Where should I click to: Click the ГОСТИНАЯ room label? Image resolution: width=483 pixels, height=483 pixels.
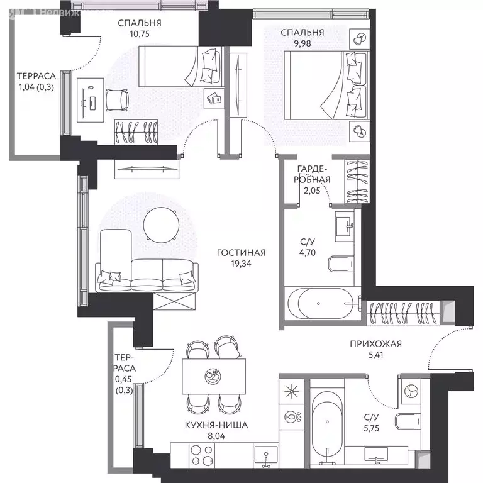[x=241, y=253]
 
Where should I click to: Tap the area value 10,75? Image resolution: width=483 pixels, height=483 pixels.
[x=140, y=34]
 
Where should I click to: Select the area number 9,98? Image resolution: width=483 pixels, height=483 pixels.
[x=302, y=43]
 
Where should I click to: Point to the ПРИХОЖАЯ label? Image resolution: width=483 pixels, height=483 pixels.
[x=376, y=344]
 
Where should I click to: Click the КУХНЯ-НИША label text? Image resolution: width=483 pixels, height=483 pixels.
[x=216, y=425]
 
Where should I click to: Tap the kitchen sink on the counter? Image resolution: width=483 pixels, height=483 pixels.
[x=266, y=456]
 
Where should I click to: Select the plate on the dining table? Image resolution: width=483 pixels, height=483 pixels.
[x=213, y=377]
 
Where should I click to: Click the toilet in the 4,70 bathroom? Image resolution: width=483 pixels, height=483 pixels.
[x=341, y=264]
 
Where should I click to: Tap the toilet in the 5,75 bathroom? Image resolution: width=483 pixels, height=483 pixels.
[x=408, y=421]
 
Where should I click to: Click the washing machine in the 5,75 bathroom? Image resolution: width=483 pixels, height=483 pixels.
[x=411, y=391]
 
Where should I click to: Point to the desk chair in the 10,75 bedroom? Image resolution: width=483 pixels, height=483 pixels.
[x=117, y=100]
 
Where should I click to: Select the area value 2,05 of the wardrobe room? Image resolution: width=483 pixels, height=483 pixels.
[x=312, y=191]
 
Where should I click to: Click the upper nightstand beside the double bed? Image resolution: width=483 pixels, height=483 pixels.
[x=360, y=39]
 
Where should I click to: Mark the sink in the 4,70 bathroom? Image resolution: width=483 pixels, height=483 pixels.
[x=345, y=226]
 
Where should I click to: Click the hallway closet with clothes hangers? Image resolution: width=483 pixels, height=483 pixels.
[x=403, y=313]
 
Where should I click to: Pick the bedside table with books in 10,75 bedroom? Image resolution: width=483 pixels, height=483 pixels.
[x=214, y=99]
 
